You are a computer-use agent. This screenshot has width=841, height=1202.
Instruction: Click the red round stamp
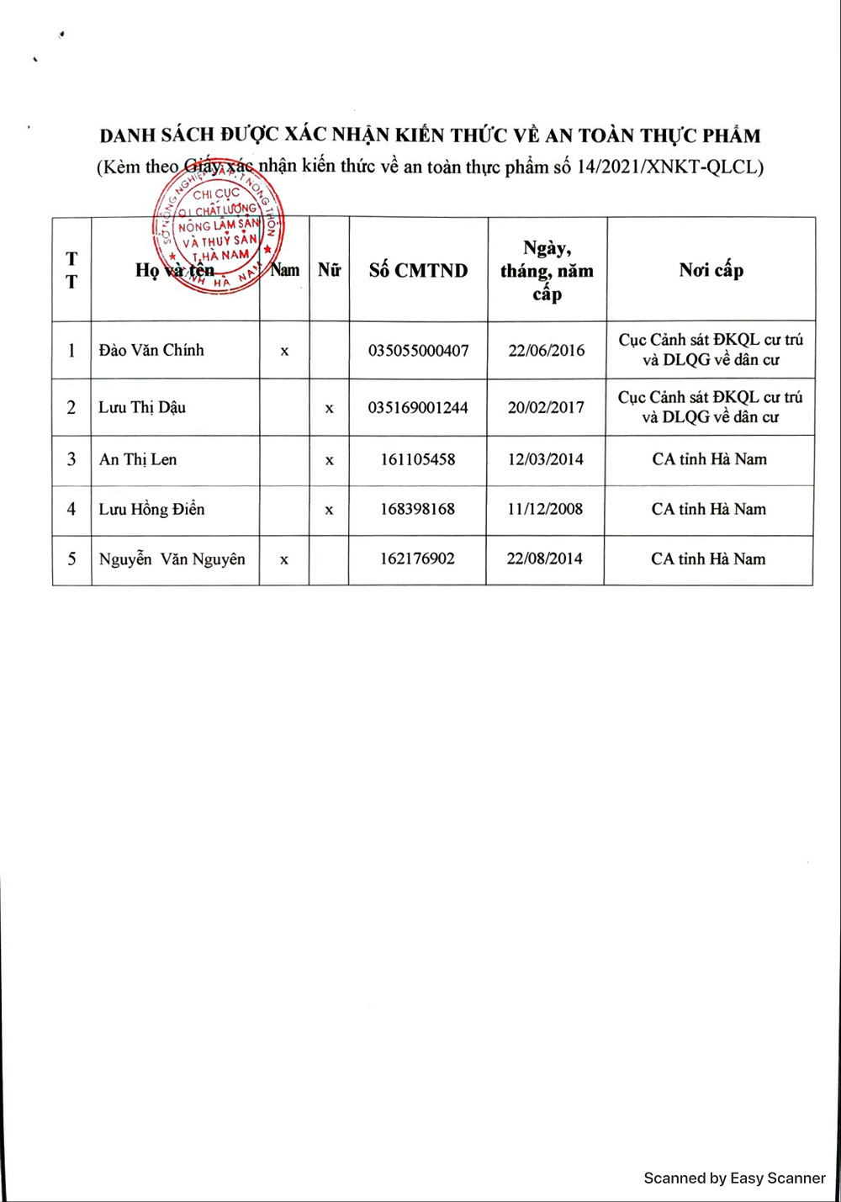coord(219,231)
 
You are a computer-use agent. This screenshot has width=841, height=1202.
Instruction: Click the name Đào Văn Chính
coord(151,351)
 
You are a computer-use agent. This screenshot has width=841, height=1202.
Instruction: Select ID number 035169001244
coord(418,408)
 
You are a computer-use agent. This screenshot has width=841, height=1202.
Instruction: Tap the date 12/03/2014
coord(545,459)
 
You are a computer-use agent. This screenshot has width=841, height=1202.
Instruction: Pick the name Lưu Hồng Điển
coord(151,509)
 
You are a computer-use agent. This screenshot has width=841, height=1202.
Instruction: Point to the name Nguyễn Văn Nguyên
coord(172,559)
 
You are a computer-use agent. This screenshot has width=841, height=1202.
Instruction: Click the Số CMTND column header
coord(418,270)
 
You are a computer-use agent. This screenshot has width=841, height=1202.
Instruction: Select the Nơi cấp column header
coord(711,270)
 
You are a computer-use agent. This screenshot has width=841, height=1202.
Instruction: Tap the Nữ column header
coord(329,270)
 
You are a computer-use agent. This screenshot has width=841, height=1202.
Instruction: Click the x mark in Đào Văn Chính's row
coord(284,352)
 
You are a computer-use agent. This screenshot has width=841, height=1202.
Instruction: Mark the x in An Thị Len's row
coord(329,460)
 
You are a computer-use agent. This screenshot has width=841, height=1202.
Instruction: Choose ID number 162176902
coord(417,559)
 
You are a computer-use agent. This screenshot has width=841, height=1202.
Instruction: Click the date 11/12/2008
coord(545,509)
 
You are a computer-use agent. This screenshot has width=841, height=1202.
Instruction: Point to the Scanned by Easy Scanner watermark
coord(734,1178)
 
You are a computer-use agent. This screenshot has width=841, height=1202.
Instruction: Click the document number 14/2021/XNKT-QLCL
coord(669,167)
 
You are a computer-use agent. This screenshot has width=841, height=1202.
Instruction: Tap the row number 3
coord(71,459)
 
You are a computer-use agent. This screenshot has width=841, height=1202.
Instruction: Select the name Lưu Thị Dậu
coord(142,408)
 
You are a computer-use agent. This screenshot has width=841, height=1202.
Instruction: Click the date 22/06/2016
coord(546,351)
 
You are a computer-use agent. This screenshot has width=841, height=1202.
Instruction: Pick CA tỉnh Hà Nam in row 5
coord(708,559)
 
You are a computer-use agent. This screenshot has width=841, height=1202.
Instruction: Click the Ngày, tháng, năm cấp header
coord(547,270)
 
